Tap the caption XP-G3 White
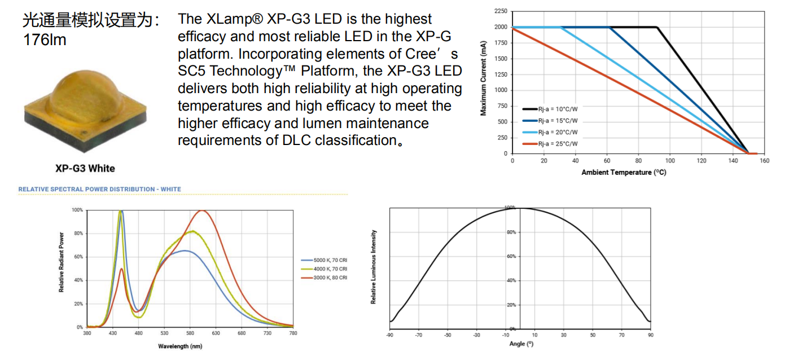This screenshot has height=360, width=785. click(x=85, y=168)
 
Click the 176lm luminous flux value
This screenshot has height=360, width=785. click(x=45, y=40)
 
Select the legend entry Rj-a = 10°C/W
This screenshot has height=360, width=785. click(x=558, y=109)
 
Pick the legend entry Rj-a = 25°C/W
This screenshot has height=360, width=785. click(x=558, y=144)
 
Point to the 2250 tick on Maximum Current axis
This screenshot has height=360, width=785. click(x=500, y=11)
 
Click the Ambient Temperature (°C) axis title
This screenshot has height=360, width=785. click(x=624, y=172)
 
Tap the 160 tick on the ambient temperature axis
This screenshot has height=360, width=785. click(x=765, y=161)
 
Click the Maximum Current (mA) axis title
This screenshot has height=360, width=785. click(x=483, y=82)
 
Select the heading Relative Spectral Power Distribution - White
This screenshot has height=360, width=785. click(x=100, y=189)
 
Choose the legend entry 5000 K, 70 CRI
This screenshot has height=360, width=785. click(x=330, y=260)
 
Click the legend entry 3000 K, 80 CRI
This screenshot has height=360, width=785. click(x=330, y=278)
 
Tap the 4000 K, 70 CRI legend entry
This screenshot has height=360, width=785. click(x=330, y=269)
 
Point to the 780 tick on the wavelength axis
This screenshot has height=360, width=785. click(x=293, y=333)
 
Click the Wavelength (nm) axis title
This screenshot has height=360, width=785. click(x=179, y=346)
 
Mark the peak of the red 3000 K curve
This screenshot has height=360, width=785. click(x=201, y=211)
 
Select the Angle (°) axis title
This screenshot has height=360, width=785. click(x=521, y=343)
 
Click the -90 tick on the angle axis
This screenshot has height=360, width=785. click(x=389, y=335)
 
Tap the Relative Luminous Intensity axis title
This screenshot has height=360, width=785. click(x=374, y=267)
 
